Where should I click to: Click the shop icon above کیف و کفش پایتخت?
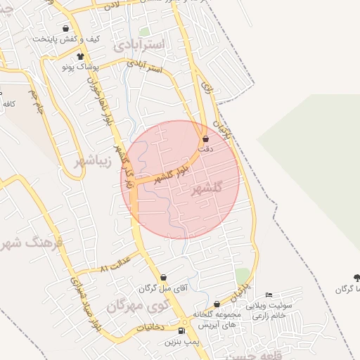point(65,29)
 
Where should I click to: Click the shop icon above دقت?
point(205,139)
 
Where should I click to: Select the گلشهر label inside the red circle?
point(206,188)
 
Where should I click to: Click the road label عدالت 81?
point(115,268)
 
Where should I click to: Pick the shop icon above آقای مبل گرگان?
point(163,278)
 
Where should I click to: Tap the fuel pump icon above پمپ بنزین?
point(182,331)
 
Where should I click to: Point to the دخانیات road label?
point(150,327)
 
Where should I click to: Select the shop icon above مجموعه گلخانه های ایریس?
point(217,304)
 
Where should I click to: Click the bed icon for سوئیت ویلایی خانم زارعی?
point(269,295)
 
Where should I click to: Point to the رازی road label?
point(206,88)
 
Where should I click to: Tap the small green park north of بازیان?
point(243,274)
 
